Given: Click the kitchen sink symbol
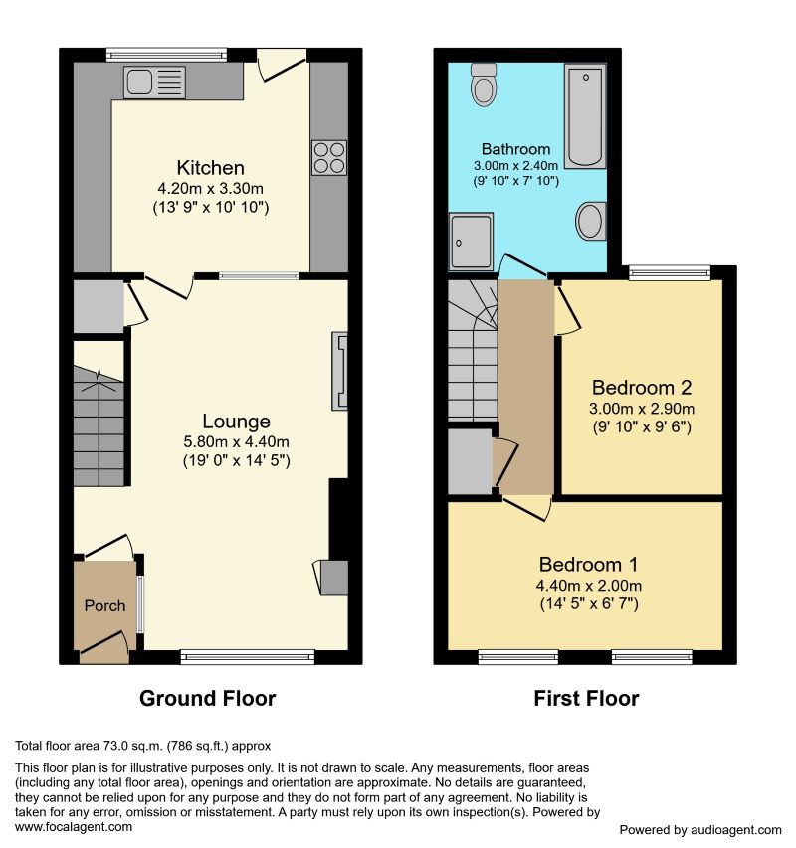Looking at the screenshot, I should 154,83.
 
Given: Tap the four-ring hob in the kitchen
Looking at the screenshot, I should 329,157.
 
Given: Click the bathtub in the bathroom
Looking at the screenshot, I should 585,117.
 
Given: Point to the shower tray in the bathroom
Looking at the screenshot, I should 471,242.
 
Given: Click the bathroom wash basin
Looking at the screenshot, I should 591,221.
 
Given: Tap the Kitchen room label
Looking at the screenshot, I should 210,167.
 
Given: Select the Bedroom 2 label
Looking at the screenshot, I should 642,388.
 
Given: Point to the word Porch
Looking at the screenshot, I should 104,605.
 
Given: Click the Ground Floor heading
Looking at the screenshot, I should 207,699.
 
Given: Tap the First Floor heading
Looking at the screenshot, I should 586,699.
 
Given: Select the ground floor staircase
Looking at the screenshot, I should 99,427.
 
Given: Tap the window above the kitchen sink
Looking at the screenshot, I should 167,54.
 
